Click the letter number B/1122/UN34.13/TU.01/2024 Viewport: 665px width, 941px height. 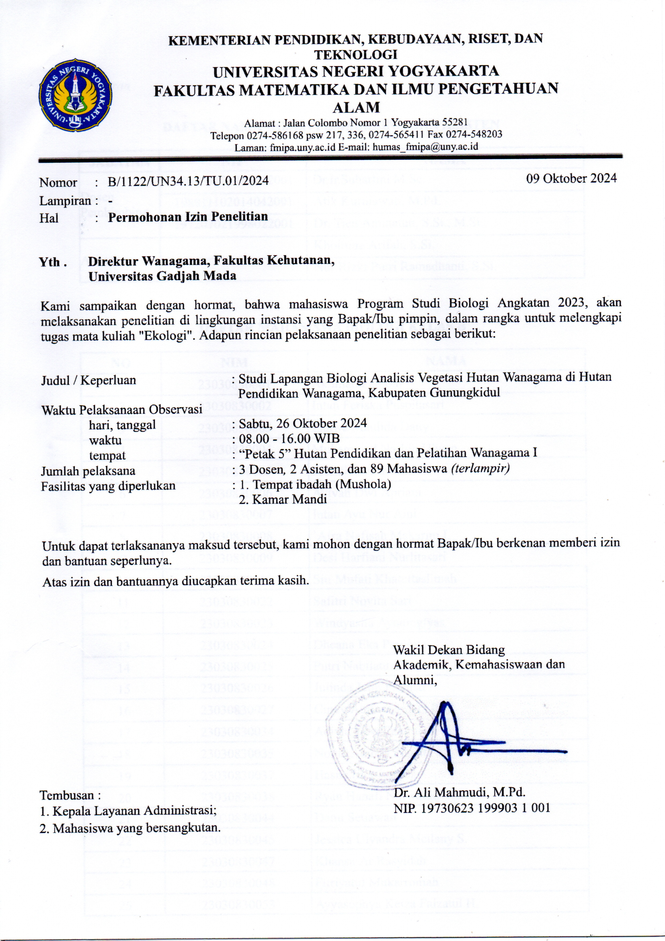click(x=188, y=181)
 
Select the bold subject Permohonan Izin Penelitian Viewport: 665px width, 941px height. click(x=188, y=217)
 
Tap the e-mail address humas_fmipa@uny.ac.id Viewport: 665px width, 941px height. click(x=425, y=147)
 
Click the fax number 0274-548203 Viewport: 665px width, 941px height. click(x=475, y=134)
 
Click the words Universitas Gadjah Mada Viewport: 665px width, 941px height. click(x=162, y=276)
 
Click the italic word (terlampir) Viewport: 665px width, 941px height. click(x=480, y=468)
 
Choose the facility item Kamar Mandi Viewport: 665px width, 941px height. click(x=289, y=499)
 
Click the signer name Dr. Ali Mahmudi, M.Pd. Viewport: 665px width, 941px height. click(x=459, y=792)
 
